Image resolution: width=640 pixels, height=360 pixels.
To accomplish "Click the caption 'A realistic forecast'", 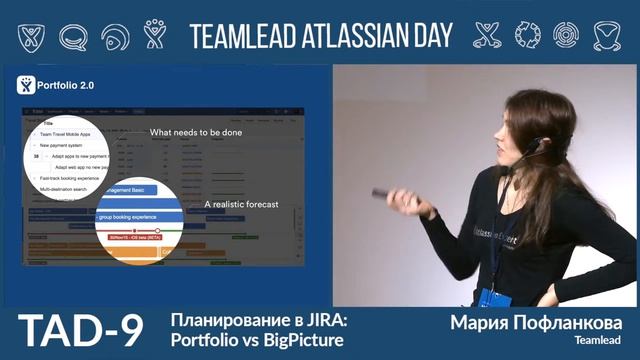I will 240,204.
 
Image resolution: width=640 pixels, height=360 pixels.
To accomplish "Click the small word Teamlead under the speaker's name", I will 599,342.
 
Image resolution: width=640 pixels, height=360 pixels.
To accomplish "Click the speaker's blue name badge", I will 490,297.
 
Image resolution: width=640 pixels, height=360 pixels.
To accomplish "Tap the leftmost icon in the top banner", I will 31,35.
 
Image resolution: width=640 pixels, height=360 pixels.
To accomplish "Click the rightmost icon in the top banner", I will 605,35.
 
